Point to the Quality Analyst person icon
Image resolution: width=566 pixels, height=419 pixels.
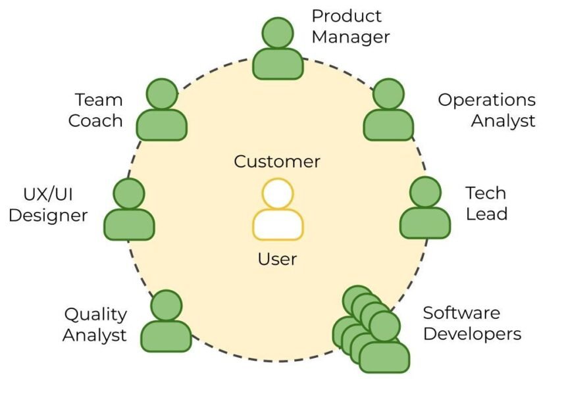coord(167,324)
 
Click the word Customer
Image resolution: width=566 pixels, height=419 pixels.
coord(277,161)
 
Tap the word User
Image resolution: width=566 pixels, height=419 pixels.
coord(277,259)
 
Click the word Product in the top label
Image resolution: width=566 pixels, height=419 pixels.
coord(346,16)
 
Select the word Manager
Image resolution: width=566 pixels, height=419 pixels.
coord(351,37)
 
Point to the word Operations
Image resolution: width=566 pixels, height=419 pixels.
coord(486,101)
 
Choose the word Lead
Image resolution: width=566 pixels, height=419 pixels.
coord(486,214)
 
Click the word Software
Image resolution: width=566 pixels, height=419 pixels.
coord(461,312)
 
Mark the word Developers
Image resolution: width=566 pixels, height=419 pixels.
coord(472,333)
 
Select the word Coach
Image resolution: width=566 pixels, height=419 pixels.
coord(95,121)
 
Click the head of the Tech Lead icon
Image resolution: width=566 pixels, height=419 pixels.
coord(424,193)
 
